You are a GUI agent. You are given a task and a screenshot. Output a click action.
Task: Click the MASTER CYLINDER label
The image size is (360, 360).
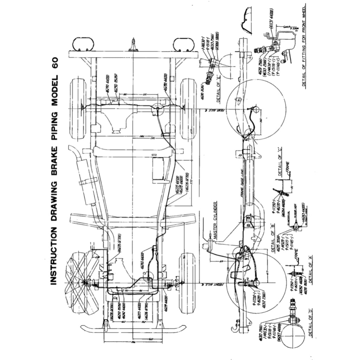coord(216,221)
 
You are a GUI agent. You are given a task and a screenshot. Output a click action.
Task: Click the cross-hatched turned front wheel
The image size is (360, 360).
coord(80,282)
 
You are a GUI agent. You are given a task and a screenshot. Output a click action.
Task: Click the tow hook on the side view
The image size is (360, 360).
coord(233,327)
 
